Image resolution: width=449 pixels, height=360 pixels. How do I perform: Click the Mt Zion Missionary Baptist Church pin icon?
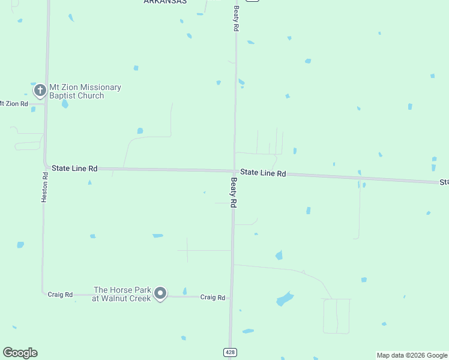40,91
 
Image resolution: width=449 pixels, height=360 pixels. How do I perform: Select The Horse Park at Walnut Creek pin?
160,293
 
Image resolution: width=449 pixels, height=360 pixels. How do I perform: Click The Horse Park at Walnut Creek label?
122,294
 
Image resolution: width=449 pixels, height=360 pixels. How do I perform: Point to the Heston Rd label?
44,187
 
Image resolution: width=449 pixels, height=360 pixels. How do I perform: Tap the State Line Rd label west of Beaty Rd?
74,169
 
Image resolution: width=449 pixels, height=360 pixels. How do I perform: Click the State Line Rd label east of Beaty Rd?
263,173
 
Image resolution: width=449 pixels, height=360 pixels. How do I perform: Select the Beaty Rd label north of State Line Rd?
237,19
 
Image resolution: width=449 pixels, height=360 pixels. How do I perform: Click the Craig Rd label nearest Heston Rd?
60,295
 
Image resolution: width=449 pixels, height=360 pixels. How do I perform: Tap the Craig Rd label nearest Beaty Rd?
212,297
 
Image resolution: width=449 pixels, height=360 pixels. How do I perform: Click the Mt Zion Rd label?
13,104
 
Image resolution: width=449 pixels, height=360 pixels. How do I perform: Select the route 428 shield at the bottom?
230,352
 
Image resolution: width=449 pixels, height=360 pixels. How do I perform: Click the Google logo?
20,353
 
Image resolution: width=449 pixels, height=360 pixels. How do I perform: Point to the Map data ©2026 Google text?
412,355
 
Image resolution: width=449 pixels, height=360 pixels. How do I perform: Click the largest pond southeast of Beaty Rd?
284,298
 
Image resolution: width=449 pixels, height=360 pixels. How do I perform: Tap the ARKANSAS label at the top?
165,2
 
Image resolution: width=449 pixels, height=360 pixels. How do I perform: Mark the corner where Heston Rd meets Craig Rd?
43,293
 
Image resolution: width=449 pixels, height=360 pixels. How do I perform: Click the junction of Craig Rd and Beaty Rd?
231,297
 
